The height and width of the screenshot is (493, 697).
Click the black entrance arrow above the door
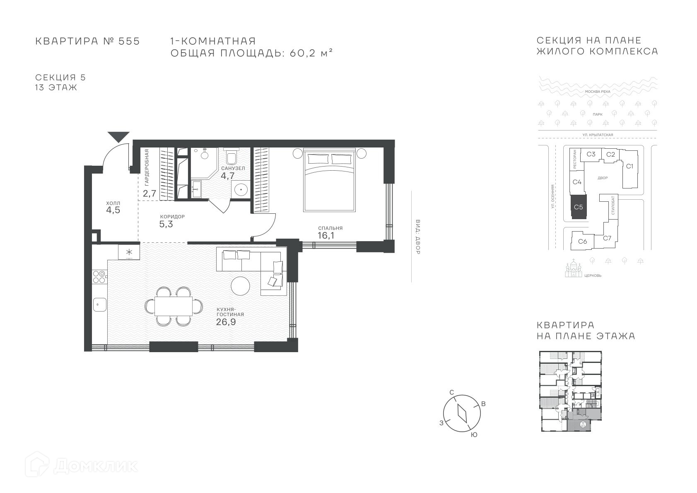point(118,137)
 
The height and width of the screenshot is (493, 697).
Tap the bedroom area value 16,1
point(326,236)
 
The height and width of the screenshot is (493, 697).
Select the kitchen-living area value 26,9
point(226,322)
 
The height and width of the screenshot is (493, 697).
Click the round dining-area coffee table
point(241,286)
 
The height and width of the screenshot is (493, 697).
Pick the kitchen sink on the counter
point(99,304)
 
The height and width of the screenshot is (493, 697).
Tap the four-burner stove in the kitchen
point(99,277)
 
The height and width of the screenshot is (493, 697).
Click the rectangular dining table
point(174,306)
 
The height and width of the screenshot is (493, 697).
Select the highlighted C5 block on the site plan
point(578,207)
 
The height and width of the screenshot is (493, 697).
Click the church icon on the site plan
point(574,268)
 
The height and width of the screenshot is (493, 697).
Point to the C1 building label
point(629,166)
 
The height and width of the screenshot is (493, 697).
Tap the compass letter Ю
point(474,435)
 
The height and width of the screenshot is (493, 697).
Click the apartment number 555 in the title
point(129,41)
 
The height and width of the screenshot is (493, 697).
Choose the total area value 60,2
point(301,53)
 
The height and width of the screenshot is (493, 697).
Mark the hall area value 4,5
point(113,210)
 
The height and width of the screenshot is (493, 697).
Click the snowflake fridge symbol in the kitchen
point(129,252)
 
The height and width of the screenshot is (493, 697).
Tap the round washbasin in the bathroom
point(240,190)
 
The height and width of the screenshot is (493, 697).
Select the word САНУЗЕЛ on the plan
point(233,168)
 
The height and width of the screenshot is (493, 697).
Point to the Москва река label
point(598,92)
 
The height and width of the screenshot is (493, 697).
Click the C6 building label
point(583,241)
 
